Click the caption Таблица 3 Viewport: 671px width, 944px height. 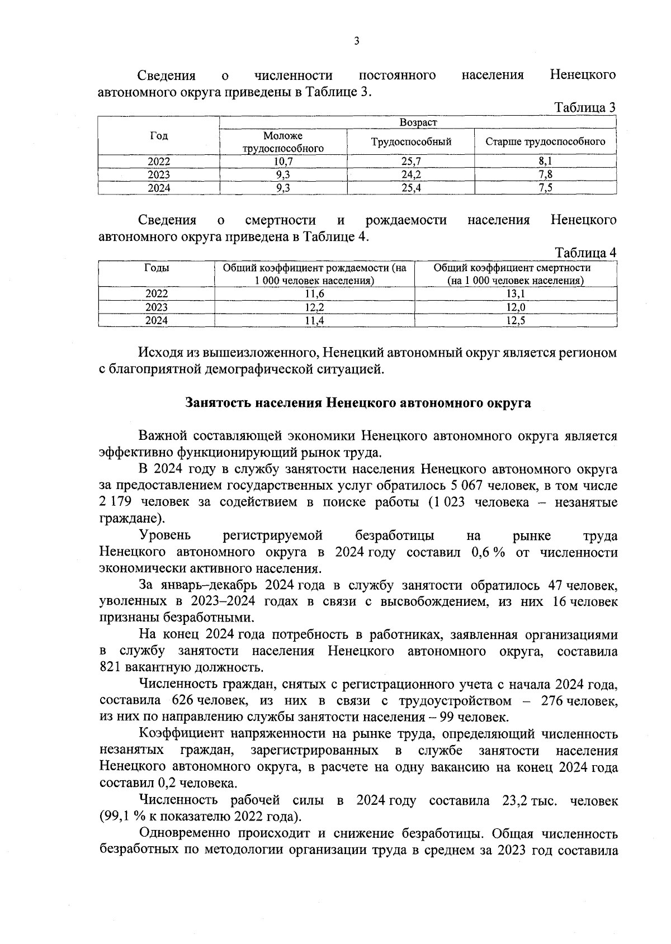(584, 107)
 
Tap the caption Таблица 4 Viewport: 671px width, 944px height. (584, 253)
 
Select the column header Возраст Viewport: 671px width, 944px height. (418, 122)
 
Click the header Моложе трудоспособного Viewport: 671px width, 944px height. (283, 142)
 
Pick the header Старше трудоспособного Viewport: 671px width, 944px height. (545, 142)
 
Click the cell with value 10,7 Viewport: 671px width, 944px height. (283, 162)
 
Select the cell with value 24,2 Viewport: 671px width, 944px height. (410, 175)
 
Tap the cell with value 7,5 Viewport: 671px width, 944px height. (545, 188)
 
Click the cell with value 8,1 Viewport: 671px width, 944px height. (545, 162)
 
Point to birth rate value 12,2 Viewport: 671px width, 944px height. (314, 307)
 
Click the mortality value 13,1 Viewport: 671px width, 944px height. (515, 294)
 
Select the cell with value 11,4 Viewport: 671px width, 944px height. (314, 321)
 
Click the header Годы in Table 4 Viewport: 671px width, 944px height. (157, 268)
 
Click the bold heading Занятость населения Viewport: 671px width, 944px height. (358, 403)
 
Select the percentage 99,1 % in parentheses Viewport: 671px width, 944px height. (118, 817)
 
